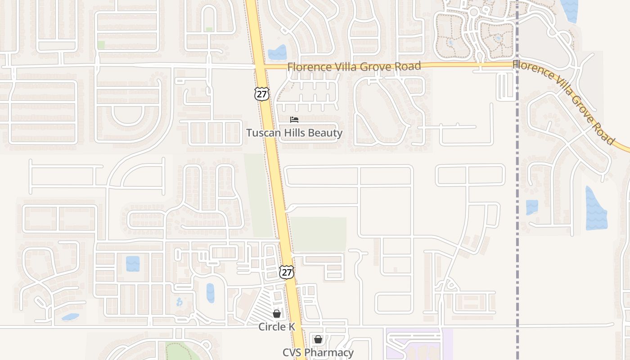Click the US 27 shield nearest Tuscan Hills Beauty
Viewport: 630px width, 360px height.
pos(261,94)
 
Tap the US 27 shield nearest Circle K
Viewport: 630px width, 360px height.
pos(287,272)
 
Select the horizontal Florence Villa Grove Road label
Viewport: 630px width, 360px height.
pos(354,67)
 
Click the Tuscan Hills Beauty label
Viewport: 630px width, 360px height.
pos(294,133)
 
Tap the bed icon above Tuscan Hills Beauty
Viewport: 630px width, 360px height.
pos(294,120)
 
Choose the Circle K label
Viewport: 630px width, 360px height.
pos(277,327)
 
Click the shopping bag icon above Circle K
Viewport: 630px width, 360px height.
pos(277,313)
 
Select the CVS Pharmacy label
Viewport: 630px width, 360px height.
pos(318,352)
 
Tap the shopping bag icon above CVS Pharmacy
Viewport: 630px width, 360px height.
pos(318,339)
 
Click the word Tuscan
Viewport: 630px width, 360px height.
pos(262,133)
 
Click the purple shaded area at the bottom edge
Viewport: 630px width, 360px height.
pos(418,344)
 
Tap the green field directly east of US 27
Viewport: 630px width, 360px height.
pos(319,234)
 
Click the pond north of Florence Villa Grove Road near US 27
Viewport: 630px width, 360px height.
pos(277,53)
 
